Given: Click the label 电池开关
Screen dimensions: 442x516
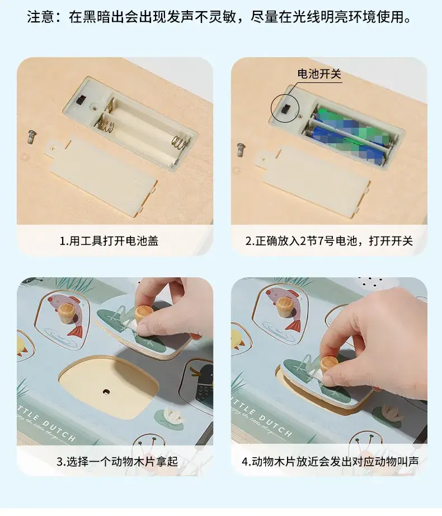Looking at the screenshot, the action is [319, 74].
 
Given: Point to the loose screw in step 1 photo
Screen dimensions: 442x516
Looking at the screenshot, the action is [31, 137].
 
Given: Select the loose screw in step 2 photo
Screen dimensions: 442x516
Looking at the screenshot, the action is [241, 150].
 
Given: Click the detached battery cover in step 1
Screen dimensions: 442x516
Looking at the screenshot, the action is [102, 174].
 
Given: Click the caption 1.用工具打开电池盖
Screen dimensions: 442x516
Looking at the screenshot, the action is [109, 241].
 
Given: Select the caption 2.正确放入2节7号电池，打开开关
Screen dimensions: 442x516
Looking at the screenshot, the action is [328, 241].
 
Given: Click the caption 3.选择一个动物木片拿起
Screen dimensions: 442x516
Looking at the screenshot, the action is [117, 461].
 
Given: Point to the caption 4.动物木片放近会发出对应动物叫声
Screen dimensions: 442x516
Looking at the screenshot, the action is [330, 461].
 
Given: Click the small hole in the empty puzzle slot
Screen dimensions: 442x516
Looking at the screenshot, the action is [106, 392].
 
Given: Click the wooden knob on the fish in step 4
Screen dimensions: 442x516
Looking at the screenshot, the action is [285, 305].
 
